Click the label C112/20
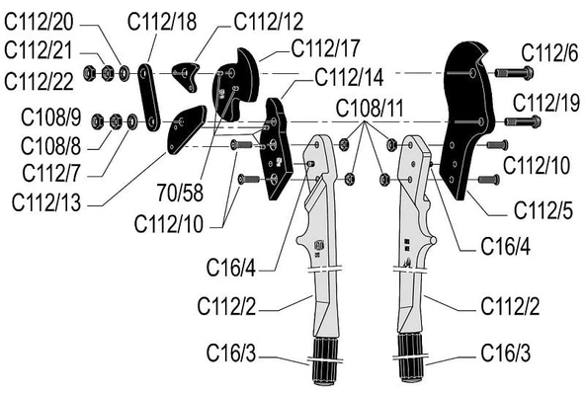point(39,22)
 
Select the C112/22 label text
point(39,81)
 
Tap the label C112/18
point(162,22)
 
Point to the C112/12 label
point(269,22)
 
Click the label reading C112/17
point(326,48)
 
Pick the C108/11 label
point(370,109)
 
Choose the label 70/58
point(180,193)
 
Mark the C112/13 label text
point(46,202)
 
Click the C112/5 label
point(543,210)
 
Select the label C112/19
point(546,103)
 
